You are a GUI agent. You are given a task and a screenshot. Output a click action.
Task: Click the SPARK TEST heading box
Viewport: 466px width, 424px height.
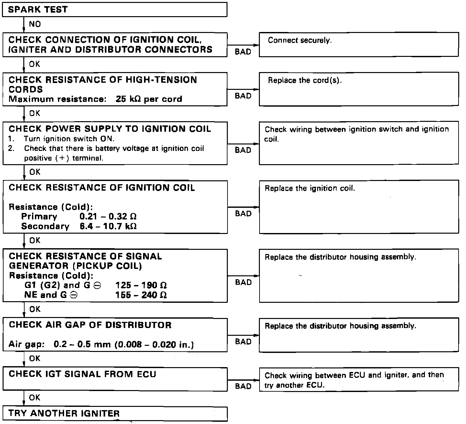(x=115, y=9)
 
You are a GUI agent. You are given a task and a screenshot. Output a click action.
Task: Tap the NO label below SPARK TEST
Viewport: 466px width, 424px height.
(x=35, y=24)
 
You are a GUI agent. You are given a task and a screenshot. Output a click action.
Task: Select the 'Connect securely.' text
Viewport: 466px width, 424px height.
(x=300, y=40)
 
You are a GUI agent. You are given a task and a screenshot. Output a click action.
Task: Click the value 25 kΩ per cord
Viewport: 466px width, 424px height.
(x=149, y=99)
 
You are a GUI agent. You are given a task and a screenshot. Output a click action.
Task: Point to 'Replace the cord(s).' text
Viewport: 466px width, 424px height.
(x=305, y=80)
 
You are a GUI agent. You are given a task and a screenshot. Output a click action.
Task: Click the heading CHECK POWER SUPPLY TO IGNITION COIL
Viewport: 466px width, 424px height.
(x=110, y=129)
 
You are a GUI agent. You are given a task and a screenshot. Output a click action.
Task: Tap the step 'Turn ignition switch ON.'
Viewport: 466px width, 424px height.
(x=69, y=139)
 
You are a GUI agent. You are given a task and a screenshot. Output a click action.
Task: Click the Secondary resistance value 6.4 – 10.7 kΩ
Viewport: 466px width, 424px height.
(x=108, y=226)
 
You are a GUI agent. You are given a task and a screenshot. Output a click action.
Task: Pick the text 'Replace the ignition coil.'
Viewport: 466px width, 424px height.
(x=310, y=188)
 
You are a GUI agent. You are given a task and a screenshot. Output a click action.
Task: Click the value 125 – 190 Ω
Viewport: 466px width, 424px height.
(x=141, y=285)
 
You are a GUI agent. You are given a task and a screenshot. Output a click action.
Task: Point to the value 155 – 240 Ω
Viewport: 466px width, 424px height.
(x=141, y=295)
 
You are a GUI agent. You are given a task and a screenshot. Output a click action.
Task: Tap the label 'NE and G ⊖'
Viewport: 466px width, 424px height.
(x=51, y=295)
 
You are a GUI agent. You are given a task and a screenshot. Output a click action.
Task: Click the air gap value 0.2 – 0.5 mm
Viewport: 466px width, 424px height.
(x=83, y=345)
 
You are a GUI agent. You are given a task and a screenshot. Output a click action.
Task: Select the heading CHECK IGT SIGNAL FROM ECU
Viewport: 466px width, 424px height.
(x=83, y=374)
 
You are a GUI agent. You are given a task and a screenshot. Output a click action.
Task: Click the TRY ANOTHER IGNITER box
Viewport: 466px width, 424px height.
(x=115, y=414)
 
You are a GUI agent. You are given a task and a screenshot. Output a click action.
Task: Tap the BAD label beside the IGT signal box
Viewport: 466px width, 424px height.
(x=243, y=386)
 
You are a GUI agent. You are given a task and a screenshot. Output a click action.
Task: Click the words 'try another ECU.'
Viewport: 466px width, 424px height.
(x=294, y=385)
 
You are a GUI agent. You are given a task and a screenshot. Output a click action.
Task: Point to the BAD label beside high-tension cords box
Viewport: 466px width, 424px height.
(x=243, y=96)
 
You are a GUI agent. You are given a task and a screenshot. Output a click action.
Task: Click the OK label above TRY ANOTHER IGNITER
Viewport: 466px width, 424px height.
(x=35, y=397)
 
